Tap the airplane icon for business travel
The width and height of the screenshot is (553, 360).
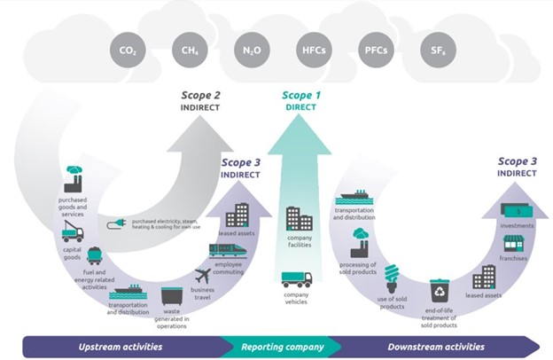(202, 276)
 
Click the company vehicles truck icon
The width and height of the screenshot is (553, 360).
(296, 279)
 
